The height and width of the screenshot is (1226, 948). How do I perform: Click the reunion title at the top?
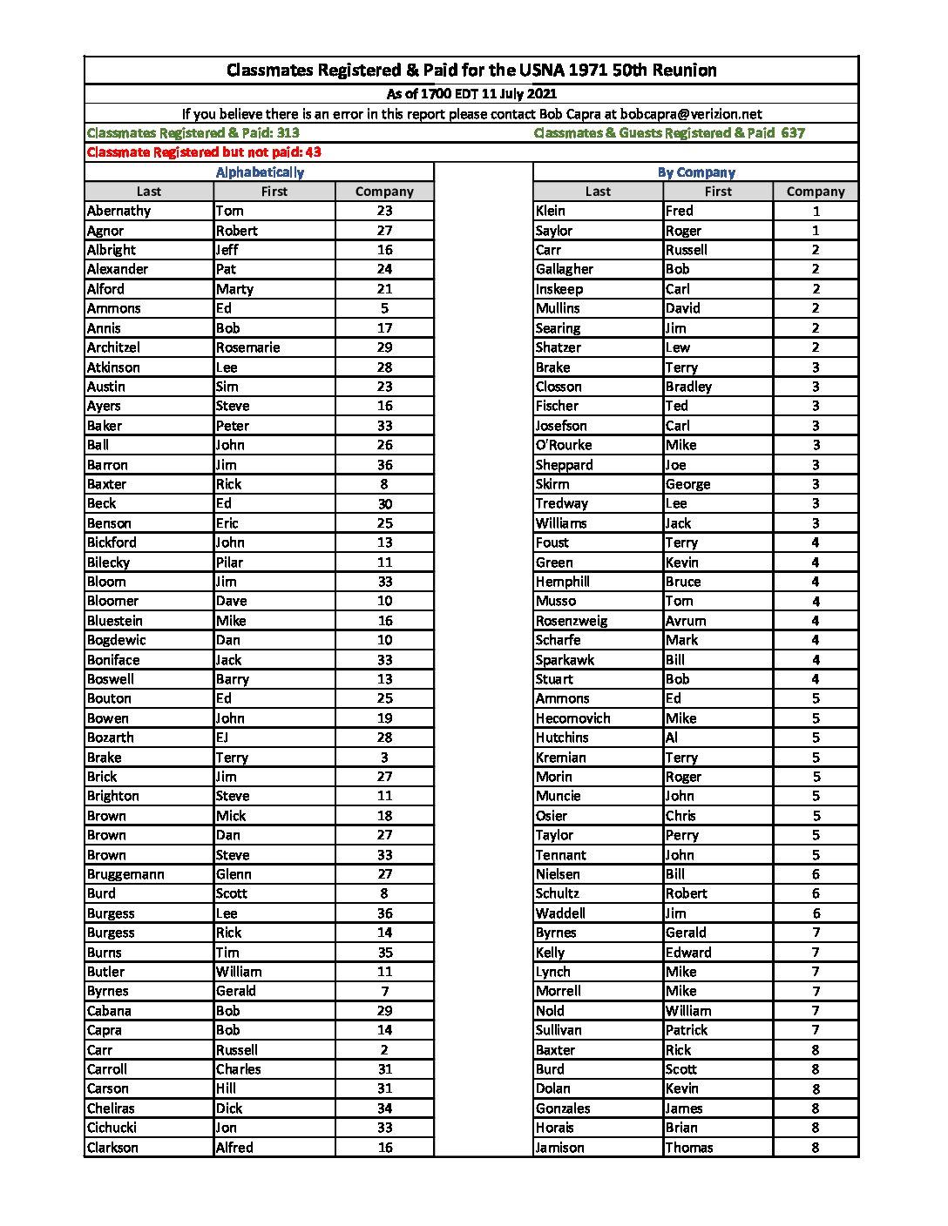(471, 71)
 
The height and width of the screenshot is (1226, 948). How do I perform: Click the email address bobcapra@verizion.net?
(691, 114)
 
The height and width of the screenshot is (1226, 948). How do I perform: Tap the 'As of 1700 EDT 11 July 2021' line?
(471, 94)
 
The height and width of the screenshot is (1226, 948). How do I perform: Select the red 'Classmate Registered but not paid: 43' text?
(204, 152)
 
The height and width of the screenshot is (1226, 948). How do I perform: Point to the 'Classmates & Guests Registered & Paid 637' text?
(669, 133)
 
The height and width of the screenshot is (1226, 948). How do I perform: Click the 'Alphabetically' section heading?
(260, 172)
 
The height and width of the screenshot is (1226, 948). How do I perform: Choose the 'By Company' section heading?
(696, 172)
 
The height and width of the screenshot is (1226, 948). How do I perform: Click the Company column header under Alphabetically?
(384, 192)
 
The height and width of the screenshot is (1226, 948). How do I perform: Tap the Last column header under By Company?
(598, 192)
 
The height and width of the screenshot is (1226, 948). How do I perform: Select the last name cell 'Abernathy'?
(119, 211)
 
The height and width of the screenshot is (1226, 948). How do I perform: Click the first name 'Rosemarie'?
(248, 347)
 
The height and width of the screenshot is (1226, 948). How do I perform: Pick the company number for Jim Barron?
(384, 465)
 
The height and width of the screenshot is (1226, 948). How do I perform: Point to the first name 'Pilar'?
(230, 562)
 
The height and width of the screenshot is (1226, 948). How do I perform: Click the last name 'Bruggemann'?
(125, 874)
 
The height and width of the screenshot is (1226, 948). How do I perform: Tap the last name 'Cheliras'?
(111, 1108)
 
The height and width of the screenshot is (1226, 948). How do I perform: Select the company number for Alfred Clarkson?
(384, 1148)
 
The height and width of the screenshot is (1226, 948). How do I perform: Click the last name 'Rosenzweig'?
(572, 621)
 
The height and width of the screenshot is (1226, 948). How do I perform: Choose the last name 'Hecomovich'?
(572, 718)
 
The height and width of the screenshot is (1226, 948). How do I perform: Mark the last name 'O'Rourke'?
(564, 445)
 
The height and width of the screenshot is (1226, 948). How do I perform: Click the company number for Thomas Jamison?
(816, 1148)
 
